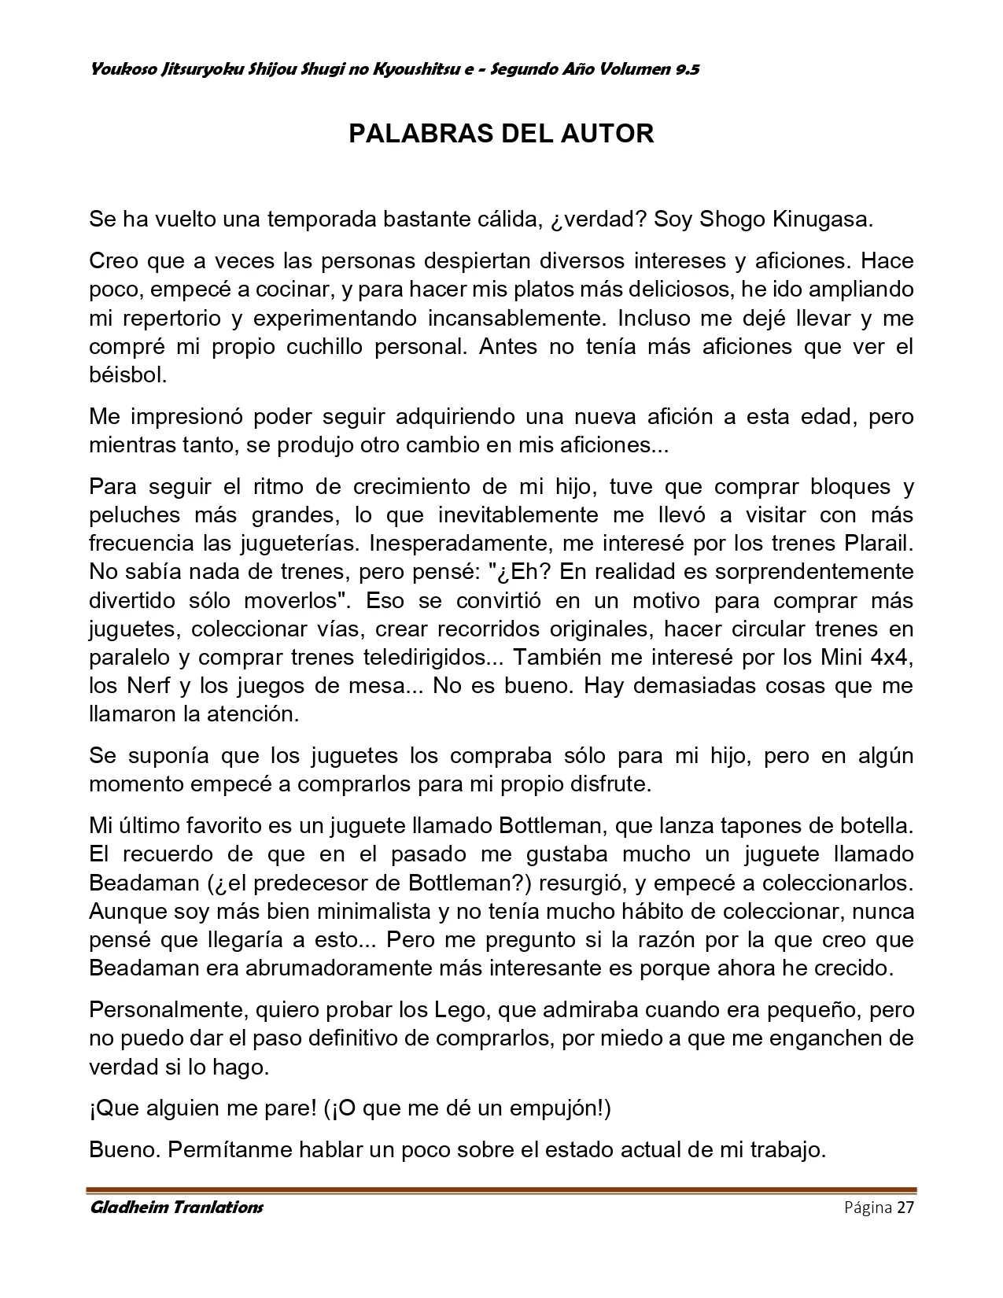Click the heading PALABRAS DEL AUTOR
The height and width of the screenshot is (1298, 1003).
point(501,134)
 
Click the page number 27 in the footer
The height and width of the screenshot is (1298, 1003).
point(905,1208)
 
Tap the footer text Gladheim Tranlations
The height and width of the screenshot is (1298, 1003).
point(176,1207)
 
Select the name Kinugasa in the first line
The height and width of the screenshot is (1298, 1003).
point(823,219)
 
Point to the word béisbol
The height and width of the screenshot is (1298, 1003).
point(128,375)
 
